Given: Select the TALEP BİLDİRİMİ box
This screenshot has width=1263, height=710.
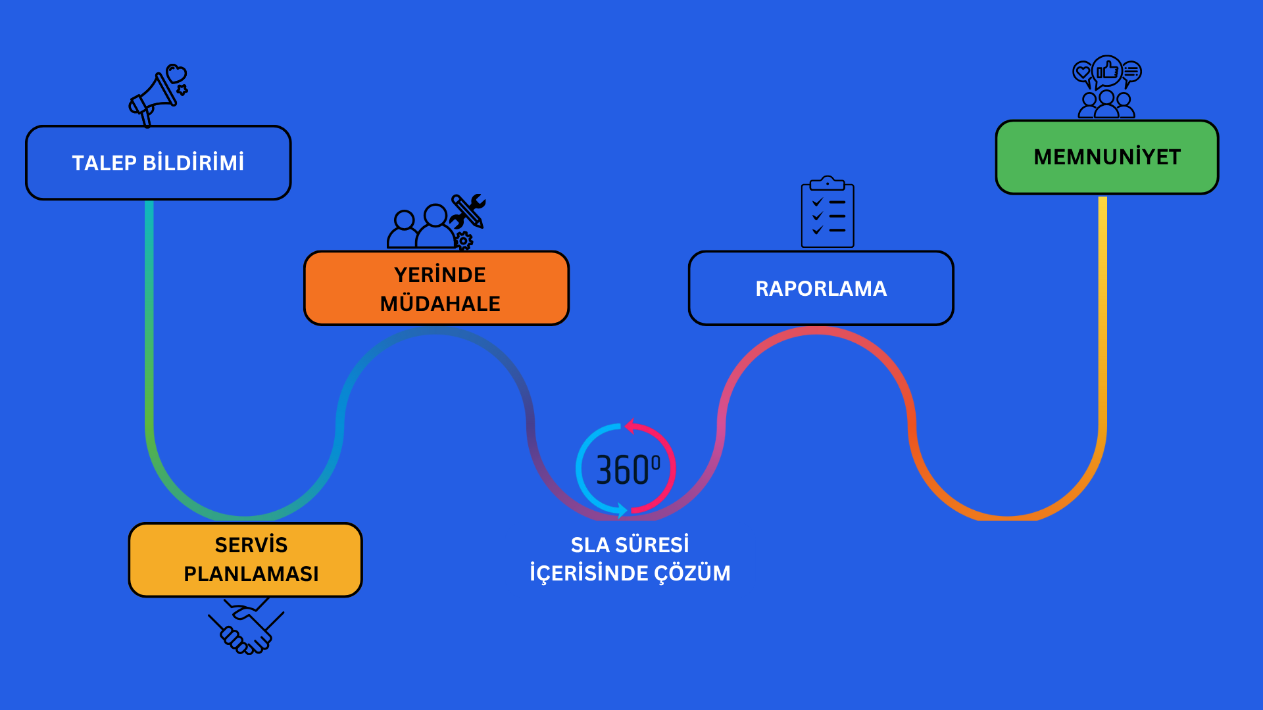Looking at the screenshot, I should (158, 163).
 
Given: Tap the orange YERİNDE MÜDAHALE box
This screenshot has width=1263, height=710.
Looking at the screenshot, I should (436, 288).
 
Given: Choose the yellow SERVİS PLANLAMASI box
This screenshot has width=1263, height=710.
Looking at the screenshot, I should (245, 559).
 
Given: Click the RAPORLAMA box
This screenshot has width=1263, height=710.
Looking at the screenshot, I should (821, 288).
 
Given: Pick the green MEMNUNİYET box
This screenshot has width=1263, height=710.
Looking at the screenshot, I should (1106, 157).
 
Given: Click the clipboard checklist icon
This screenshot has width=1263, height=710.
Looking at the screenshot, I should (828, 213).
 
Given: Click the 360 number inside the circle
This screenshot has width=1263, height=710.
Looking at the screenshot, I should (622, 470).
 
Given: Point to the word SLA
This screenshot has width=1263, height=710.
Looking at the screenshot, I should (589, 545).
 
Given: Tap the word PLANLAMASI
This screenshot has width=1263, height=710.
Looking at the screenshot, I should (251, 574).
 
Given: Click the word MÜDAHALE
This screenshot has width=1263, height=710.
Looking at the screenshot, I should (440, 304).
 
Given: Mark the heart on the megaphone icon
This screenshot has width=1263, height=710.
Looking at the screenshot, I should (176, 72).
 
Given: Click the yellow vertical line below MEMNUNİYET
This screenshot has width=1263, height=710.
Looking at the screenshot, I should (1102, 296).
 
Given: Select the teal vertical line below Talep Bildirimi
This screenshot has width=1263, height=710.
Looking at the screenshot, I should (149, 263).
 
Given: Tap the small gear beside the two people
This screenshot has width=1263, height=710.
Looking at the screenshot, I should (464, 241).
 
